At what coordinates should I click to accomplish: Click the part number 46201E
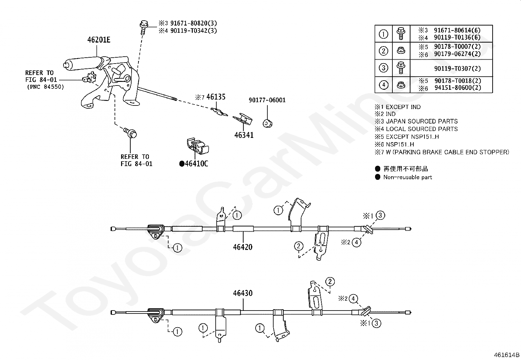coord(99,40)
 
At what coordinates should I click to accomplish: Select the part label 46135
coord(216,97)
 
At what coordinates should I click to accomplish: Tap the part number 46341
coord(244,135)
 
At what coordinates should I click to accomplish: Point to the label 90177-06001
coord(267,100)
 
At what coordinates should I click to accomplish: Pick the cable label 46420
coord(243,247)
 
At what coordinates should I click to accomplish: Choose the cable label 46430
coord(243,293)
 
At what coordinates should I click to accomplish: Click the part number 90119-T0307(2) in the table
coord(457,68)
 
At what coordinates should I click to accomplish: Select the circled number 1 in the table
coord(383,34)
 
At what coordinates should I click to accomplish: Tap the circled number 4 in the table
coord(383,85)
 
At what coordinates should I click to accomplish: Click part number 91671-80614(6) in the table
coord(457,30)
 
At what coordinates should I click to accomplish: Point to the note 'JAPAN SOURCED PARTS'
coord(422,121)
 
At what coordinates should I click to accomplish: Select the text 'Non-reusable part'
coord(407,177)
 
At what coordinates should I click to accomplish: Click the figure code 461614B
coord(507,354)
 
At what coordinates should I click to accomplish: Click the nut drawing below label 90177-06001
coord(268,123)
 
